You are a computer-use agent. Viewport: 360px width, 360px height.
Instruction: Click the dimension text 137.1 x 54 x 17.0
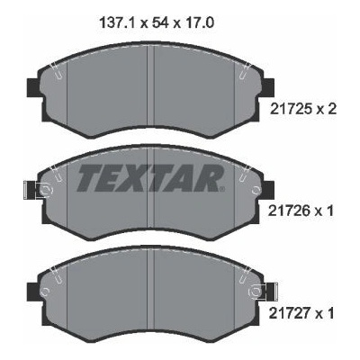tap(157, 22)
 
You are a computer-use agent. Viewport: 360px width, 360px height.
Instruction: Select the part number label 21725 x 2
tap(303, 109)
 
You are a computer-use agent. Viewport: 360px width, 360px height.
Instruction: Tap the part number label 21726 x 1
tap(301, 211)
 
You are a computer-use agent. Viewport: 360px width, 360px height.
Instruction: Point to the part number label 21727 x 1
tap(301, 314)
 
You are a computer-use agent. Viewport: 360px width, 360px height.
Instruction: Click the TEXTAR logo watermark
tap(151, 178)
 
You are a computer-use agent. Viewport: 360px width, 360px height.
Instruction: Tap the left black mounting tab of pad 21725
tap(32, 87)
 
